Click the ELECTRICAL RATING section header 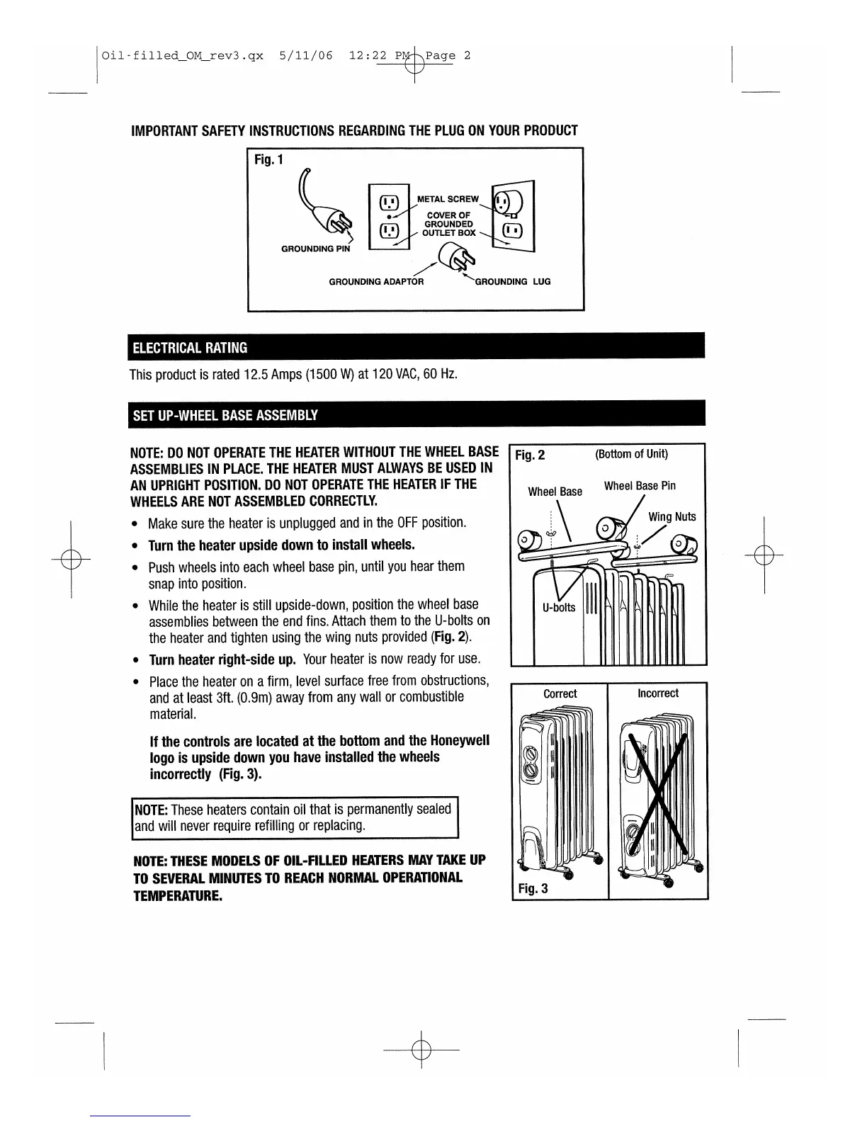pyautogui.click(x=189, y=347)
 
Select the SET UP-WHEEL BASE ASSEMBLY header pyautogui.click(x=225, y=415)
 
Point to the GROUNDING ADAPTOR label pyautogui.click(x=376, y=281)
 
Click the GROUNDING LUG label pyautogui.click(x=512, y=281)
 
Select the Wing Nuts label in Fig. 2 pyautogui.click(x=672, y=516)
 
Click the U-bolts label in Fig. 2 pyautogui.click(x=559, y=607)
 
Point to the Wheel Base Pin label pyautogui.click(x=640, y=486)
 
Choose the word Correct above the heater pyautogui.click(x=560, y=693)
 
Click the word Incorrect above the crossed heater pyautogui.click(x=658, y=693)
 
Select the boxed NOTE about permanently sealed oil pyautogui.click(x=296, y=817)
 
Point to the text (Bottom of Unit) pyautogui.click(x=631, y=454)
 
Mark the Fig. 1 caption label pyautogui.click(x=268, y=159)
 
